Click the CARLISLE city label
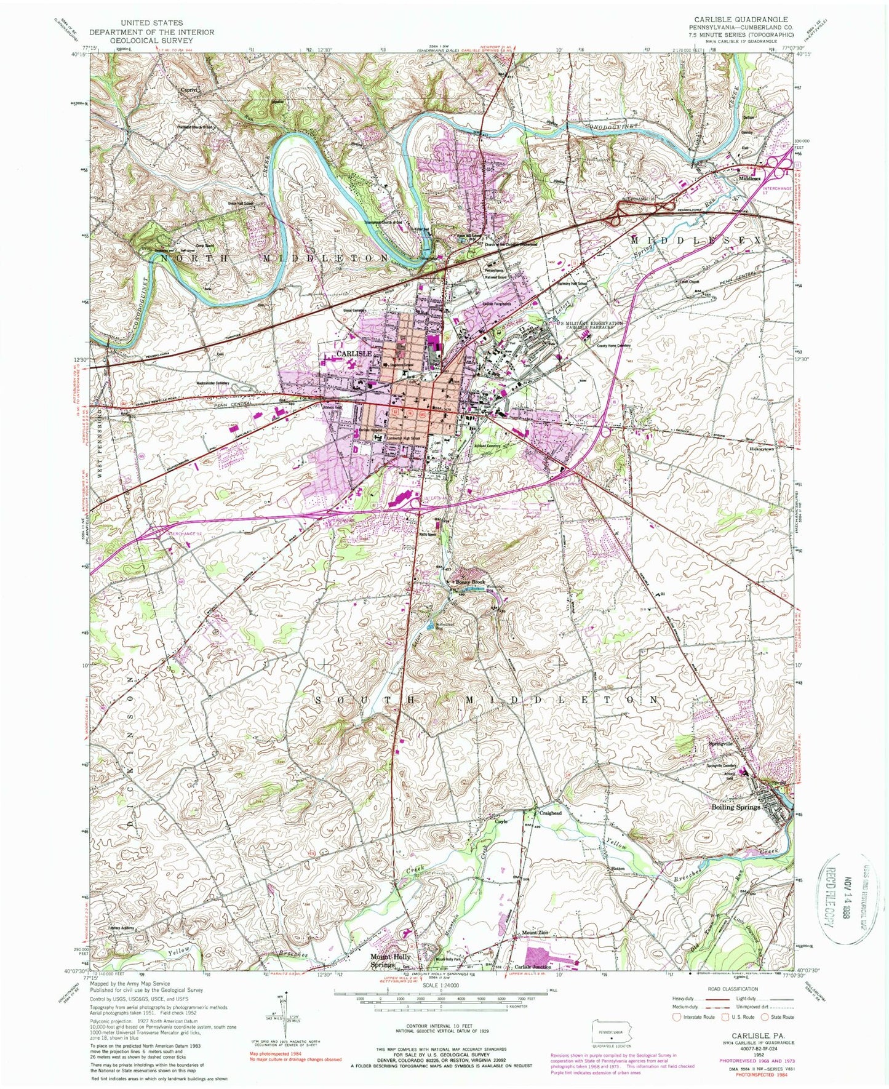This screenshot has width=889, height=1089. [x=353, y=354]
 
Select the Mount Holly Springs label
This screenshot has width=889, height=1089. [x=389, y=961]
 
